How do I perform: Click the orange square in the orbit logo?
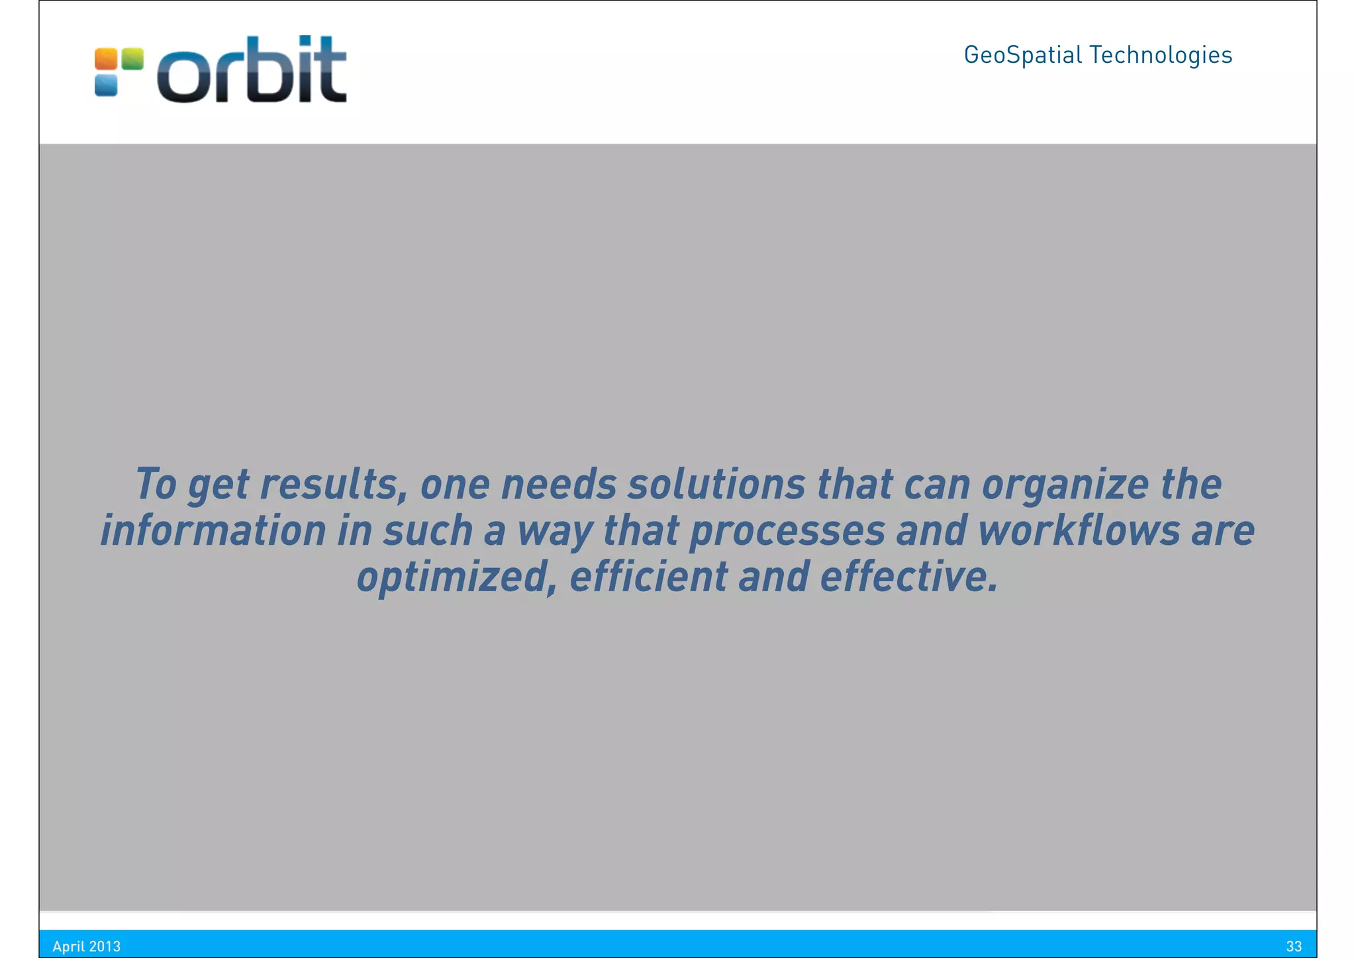click(106, 59)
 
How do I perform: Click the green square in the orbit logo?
click(132, 59)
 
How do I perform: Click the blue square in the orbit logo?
click(106, 85)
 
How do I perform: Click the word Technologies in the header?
click(1161, 55)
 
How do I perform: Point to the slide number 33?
click(1294, 946)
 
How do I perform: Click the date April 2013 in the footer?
click(87, 946)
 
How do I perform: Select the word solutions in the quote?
click(716, 484)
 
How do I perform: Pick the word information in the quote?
click(213, 530)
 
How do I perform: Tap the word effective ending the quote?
click(908, 576)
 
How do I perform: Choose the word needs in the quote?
click(559, 484)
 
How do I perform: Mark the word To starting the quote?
click(156, 484)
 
